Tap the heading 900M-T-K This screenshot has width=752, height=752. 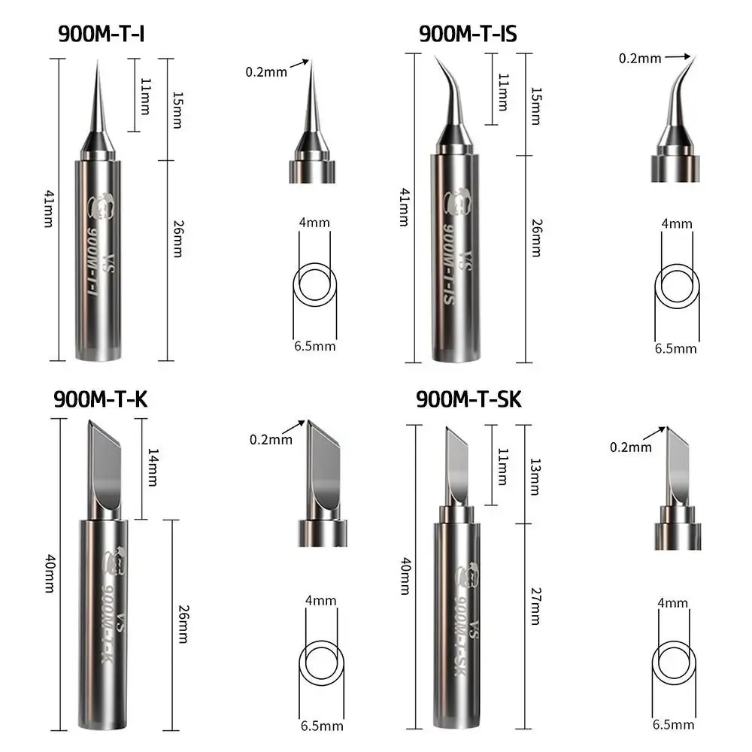pos(100,399)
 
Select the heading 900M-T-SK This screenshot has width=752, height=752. pos(468,399)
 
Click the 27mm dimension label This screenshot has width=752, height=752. pos(535,606)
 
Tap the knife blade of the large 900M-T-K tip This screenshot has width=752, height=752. pos(104,470)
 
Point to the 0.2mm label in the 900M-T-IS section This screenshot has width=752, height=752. pos(639,57)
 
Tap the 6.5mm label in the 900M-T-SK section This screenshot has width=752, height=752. pos(674,724)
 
